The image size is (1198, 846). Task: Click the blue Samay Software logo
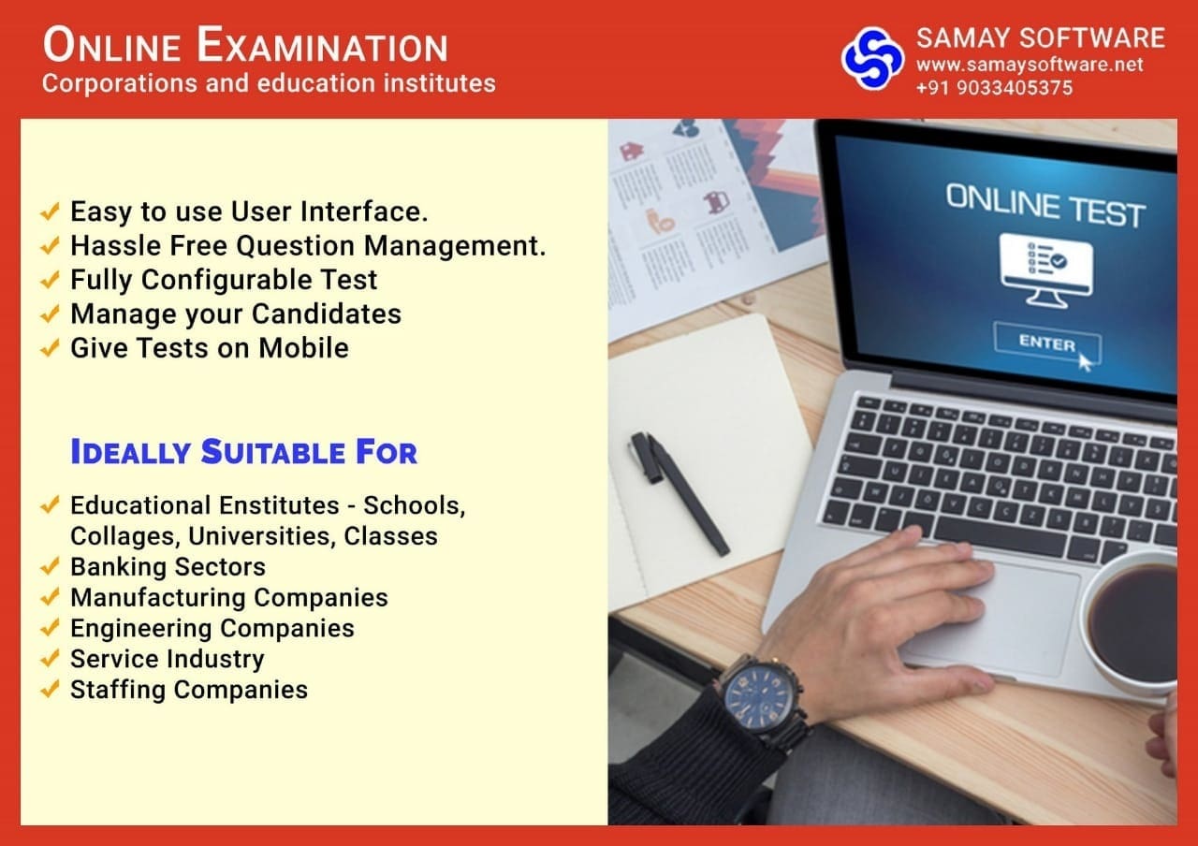pyautogui.click(x=873, y=58)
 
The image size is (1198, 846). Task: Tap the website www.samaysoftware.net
pyautogui.click(x=1030, y=65)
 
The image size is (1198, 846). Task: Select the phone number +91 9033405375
pyautogui.click(x=994, y=88)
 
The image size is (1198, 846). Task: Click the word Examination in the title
pyautogui.click(x=322, y=46)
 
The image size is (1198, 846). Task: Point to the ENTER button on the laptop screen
pyautogui.click(x=1047, y=343)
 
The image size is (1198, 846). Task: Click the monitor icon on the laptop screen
pyautogui.click(x=1046, y=270)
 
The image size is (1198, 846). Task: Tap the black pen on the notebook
pyautogui.click(x=679, y=493)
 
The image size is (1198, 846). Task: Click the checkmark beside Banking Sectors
pyautogui.click(x=50, y=566)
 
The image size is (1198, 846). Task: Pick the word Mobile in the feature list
pyautogui.click(x=304, y=347)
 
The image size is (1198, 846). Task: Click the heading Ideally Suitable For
pyautogui.click(x=244, y=452)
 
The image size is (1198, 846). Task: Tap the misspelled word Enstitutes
pyautogui.click(x=279, y=505)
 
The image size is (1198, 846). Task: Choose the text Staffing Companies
pyautogui.click(x=189, y=690)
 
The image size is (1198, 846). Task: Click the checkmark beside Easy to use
pyautogui.click(x=50, y=211)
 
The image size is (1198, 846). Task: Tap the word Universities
pyautogui.click(x=262, y=536)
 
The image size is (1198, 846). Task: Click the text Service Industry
pyautogui.click(x=168, y=660)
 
